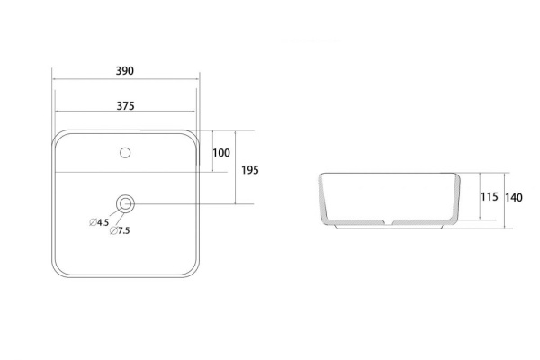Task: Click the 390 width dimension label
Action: pyautogui.click(x=125, y=71)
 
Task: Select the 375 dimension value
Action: pyautogui.click(x=125, y=106)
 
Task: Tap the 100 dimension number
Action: pyautogui.click(x=221, y=153)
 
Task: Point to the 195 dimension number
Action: pyautogui.click(x=249, y=170)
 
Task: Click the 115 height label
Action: pyautogui.click(x=490, y=197)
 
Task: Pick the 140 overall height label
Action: pyautogui.click(x=514, y=198)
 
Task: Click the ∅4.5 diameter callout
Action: pyautogui.click(x=99, y=222)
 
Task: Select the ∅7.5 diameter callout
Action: pyautogui.click(x=120, y=230)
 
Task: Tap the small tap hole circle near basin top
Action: pyautogui.click(x=125, y=153)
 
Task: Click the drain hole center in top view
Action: pyautogui.click(x=125, y=204)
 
